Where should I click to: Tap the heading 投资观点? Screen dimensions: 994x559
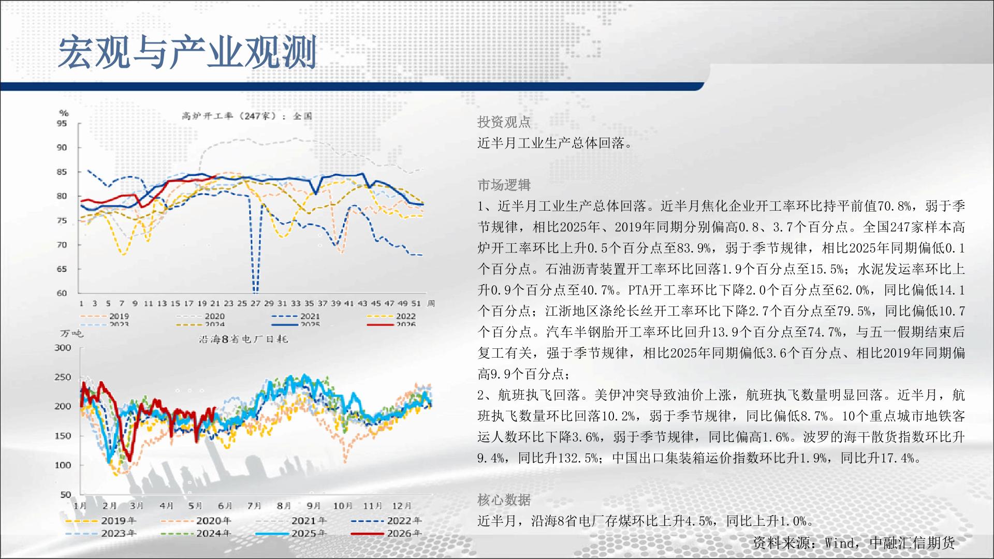(504, 122)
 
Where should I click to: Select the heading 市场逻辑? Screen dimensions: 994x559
(504, 185)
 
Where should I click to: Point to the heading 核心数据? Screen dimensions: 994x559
(504, 500)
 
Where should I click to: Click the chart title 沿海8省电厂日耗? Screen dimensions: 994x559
(243, 339)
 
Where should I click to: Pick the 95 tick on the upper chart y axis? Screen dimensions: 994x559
(62, 123)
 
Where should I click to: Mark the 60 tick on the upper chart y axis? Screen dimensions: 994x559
(62, 293)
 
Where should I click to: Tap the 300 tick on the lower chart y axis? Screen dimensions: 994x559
(63, 348)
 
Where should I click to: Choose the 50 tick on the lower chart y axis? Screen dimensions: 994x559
(65, 494)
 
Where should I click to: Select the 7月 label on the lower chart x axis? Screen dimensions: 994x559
(254, 506)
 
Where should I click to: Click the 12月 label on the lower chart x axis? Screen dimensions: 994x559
(402, 506)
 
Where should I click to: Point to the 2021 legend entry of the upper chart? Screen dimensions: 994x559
(295, 316)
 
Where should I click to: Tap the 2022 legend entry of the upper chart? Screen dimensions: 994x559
(391, 316)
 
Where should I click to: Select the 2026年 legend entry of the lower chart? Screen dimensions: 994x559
(386, 534)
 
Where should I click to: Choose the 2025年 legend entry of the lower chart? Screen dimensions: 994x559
(291, 534)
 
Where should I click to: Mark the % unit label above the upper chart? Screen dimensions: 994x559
(64, 113)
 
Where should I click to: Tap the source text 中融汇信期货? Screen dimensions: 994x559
(912, 542)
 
